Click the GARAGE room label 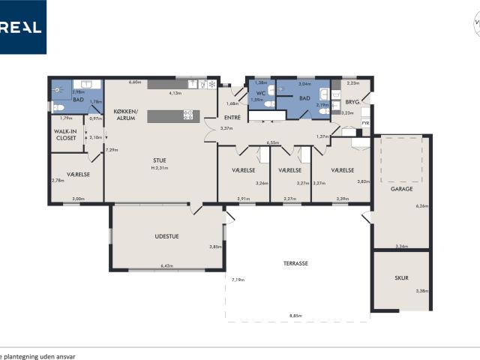pyautogui.click(x=401, y=189)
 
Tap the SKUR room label pyautogui.click(x=401, y=277)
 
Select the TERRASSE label pyautogui.click(x=296, y=263)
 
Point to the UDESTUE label pyautogui.click(x=166, y=237)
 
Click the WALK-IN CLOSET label pyautogui.click(x=67, y=135)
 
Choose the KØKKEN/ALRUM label pyautogui.click(x=125, y=115)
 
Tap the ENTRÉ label pyautogui.click(x=232, y=118)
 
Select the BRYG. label pyautogui.click(x=352, y=102)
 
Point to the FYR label pyautogui.click(x=365, y=123)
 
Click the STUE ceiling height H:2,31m pyautogui.click(x=160, y=168)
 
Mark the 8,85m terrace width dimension pyautogui.click(x=296, y=316)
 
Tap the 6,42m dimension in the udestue pyautogui.click(x=166, y=265)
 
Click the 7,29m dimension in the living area pyautogui.click(x=112, y=150)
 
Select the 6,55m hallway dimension pyautogui.click(x=272, y=142)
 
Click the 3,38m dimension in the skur pyautogui.click(x=422, y=291)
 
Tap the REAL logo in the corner pyautogui.click(x=22, y=27)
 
